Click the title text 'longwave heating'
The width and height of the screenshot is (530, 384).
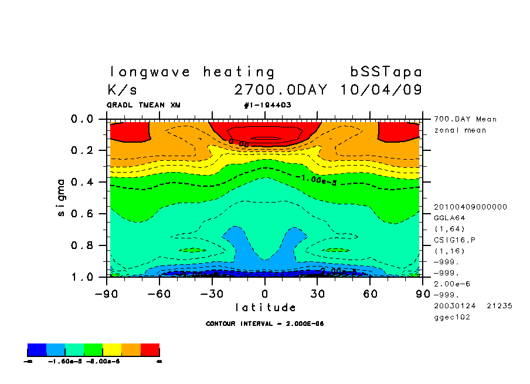(x=192, y=72)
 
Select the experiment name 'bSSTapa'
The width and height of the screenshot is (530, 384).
(x=386, y=72)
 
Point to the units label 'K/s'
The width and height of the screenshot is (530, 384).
(x=123, y=90)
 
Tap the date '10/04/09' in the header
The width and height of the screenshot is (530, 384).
(x=380, y=90)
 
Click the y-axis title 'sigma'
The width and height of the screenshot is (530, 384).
(x=62, y=197)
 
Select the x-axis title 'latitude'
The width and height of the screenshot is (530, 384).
(x=265, y=308)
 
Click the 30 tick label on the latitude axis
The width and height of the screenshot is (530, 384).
(x=317, y=293)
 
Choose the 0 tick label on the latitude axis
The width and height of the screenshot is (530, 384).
(x=265, y=293)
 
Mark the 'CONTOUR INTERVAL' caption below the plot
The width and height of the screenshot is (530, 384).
(x=265, y=324)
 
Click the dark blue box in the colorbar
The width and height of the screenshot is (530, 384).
(x=37, y=351)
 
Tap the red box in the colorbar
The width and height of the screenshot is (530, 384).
(x=150, y=351)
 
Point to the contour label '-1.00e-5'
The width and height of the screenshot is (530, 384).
(x=315, y=179)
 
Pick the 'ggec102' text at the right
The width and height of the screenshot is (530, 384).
(x=452, y=317)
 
